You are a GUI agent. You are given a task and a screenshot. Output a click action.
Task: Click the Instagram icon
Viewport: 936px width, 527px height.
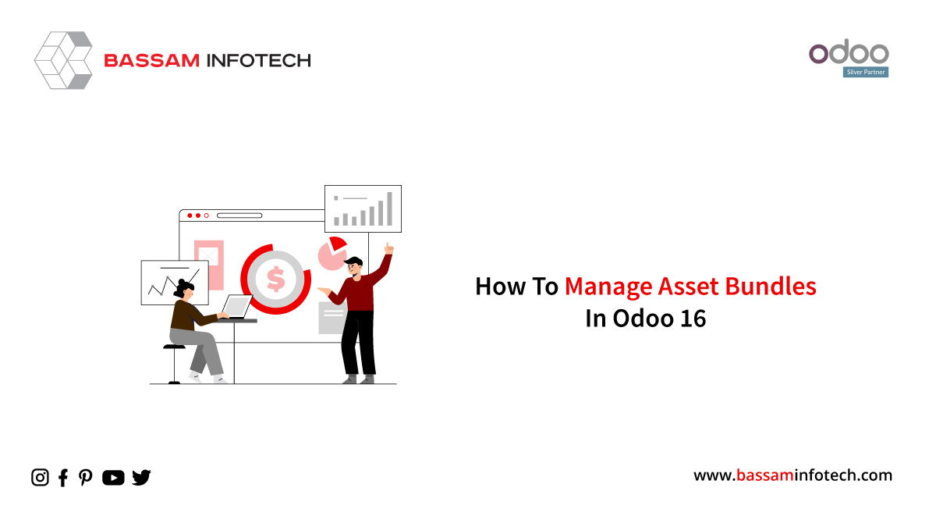40,477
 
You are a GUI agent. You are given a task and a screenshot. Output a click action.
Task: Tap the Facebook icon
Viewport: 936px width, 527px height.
63,478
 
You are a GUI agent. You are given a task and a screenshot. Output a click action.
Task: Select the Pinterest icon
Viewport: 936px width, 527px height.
86,478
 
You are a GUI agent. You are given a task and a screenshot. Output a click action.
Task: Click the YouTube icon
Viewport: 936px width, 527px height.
113,478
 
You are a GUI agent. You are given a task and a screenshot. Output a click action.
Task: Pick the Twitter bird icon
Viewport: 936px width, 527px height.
141,478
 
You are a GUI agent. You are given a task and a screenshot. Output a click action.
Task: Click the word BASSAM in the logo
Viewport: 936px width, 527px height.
151,61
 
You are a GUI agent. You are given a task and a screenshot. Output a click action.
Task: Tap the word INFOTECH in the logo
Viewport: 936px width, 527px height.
259,61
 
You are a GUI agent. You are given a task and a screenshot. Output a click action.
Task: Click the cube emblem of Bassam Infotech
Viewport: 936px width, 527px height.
63,60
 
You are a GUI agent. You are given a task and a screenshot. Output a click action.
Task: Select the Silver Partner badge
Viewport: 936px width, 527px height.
866,72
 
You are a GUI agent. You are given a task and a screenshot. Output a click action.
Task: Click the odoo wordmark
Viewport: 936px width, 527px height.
849,52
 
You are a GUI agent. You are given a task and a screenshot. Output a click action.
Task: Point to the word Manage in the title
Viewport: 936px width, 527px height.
609,287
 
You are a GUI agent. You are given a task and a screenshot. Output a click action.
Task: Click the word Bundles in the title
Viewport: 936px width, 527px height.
771,287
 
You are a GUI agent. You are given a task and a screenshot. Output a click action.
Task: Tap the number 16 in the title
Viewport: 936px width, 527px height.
693,319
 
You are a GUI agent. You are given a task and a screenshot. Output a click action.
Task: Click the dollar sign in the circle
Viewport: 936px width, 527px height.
276,279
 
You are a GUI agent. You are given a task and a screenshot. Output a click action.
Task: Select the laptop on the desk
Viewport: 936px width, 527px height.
236,308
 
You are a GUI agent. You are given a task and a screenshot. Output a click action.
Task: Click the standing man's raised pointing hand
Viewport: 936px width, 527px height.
388,248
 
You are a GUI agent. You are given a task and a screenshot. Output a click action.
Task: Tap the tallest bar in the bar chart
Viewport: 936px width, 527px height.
389,208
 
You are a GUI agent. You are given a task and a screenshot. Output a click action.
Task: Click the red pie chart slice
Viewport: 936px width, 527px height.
337,244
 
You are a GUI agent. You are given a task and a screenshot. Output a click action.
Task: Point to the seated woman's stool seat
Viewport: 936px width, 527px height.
174,347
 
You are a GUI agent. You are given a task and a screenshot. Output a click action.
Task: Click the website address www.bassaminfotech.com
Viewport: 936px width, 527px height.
792,475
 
